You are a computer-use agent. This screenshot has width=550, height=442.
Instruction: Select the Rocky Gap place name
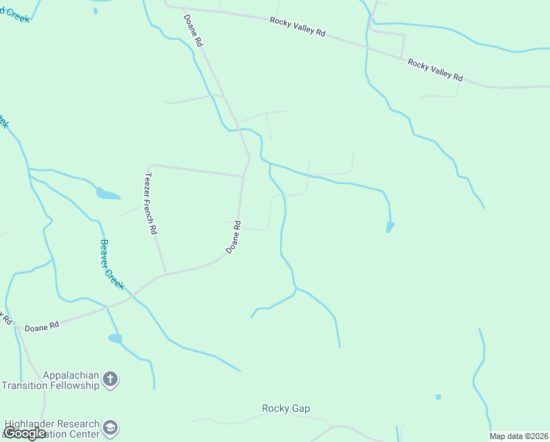tap(286, 408)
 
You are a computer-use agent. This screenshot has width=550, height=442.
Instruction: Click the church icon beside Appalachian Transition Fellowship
tap(110, 380)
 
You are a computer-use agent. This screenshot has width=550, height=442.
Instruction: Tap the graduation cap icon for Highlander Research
tap(110, 428)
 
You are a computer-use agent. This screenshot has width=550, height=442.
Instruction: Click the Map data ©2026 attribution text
tap(519, 436)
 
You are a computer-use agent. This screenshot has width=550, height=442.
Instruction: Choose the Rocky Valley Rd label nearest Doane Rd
tap(297, 27)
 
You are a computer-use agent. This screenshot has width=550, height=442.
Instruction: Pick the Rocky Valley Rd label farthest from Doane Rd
tap(435, 71)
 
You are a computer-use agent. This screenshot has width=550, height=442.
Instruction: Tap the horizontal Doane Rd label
tap(41, 327)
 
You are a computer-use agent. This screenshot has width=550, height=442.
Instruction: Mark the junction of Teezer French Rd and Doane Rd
tap(165, 274)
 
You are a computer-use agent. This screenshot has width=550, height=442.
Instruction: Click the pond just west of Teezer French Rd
tap(107, 194)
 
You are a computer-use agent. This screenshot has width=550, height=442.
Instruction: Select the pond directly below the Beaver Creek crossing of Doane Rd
tap(115, 339)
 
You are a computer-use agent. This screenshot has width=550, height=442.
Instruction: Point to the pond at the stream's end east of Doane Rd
tap(390, 227)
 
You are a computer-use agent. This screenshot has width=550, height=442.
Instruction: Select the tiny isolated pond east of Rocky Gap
tap(438, 397)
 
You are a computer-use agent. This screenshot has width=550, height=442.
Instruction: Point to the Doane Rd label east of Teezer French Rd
tap(234, 237)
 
